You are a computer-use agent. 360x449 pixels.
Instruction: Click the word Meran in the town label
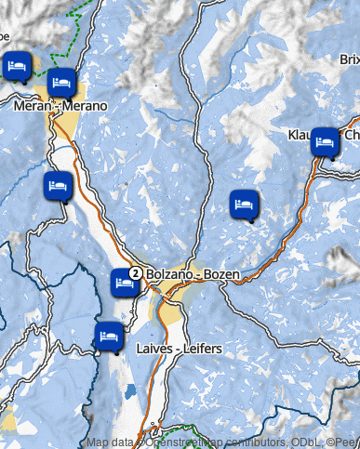click(33, 106)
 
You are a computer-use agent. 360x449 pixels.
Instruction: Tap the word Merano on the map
click(85, 106)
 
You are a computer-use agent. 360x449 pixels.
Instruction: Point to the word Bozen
click(221, 275)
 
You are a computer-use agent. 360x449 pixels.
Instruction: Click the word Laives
click(153, 349)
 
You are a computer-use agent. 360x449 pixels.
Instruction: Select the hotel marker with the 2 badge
click(125, 281)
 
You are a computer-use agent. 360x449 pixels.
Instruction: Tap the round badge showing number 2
click(136, 273)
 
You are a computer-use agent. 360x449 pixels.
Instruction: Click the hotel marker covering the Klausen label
click(325, 142)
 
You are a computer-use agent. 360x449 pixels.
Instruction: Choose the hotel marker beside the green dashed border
click(16, 68)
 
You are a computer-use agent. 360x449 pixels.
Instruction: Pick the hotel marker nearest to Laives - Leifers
click(108, 335)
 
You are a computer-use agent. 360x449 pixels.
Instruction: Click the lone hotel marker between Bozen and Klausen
click(244, 204)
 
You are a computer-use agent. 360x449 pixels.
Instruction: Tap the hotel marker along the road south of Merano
click(57, 184)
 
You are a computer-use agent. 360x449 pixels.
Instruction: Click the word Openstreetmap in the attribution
click(184, 442)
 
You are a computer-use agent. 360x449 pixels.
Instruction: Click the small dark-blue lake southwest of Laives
click(130, 391)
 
